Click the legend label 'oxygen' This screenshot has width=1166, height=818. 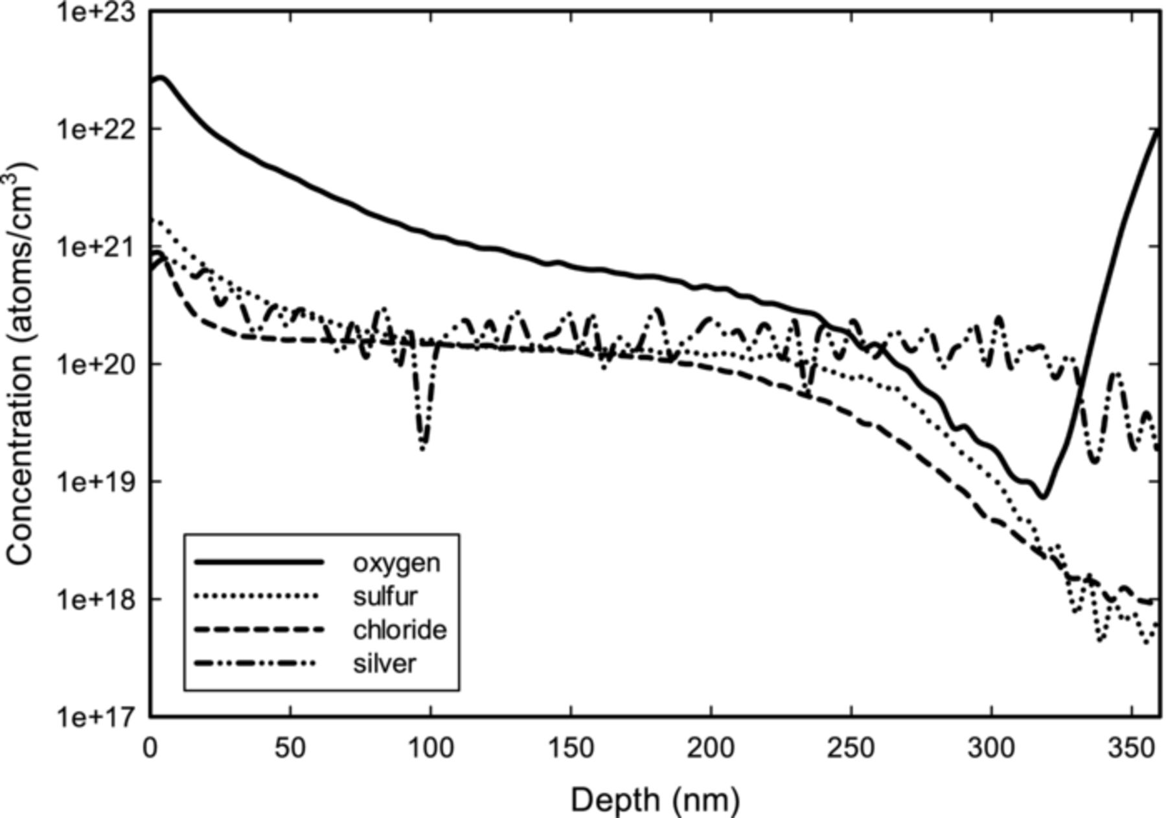pyautogui.click(x=396, y=563)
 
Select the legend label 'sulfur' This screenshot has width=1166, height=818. pyautogui.click(x=385, y=596)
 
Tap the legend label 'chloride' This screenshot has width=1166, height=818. pyautogui.click(x=400, y=630)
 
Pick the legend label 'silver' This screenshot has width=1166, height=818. pyautogui.click(x=384, y=664)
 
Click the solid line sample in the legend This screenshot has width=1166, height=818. pyautogui.click(x=258, y=562)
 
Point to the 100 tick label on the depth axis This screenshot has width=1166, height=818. pyautogui.click(x=431, y=749)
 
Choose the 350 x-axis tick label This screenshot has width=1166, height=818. pyautogui.click(x=1132, y=749)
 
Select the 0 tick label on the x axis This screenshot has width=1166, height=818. pyautogui.click(x=150, y=749)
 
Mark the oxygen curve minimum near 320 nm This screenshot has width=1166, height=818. pyautogui.click(x=1043, y=497)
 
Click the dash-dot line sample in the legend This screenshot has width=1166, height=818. pyautogui.click(x=258, y=663)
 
